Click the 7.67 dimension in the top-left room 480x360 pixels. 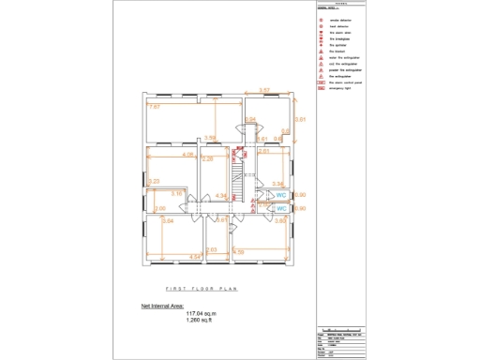[x=155, y=108]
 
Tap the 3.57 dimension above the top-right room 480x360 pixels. [x=265, y=90]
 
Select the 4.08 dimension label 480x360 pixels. [x=188, y=154]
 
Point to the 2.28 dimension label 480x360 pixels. [x=208, y=159]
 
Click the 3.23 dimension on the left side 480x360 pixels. [x=154, y=181]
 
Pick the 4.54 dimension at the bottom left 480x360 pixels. [x=195, y=256]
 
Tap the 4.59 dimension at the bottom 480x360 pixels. [x=238, y=252]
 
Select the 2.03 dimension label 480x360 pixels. [x=212, y=249]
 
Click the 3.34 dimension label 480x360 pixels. [x=277, y=184]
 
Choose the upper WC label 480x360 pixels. [x=280, y=195]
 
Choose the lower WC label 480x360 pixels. [x=280, y=208]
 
